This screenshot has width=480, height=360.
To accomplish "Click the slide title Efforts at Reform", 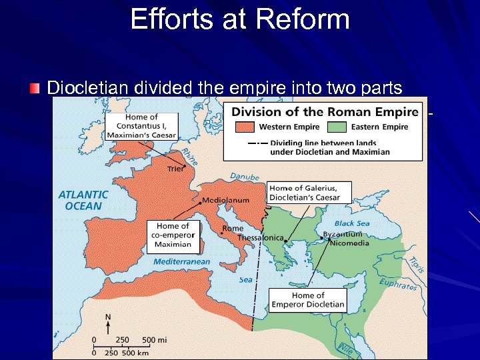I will pos(240,19).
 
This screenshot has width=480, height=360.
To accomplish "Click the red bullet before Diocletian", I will pos(35,88).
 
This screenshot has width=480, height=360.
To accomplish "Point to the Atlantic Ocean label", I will pos(83,200).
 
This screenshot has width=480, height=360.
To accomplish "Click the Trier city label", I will pos(175,169).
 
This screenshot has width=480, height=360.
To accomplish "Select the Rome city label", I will pos(233,228).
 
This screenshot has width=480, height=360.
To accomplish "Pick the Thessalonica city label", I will pos(261,238).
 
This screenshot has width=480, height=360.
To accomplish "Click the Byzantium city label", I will pos(343,234).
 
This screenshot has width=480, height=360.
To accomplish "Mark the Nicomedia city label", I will pos(351,243).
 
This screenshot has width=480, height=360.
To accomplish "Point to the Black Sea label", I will pos(353,223).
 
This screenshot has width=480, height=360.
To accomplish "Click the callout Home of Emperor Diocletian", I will pos(308,300).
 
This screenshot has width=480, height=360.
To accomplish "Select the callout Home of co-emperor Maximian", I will pos(173,235).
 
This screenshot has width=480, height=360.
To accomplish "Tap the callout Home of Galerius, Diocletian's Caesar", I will pos(304,192).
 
